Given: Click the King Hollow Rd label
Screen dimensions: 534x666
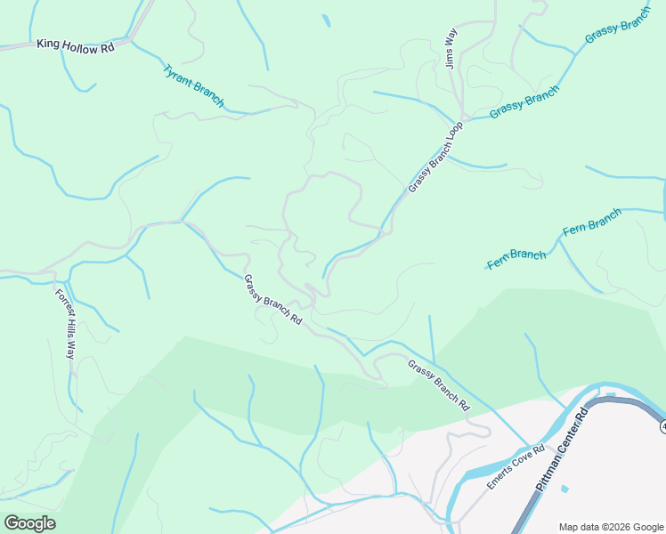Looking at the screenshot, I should (x=76, y=44).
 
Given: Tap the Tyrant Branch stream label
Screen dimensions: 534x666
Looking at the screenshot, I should (x=193, y=85).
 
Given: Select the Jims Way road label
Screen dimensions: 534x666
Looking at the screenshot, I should (x=451, y=49).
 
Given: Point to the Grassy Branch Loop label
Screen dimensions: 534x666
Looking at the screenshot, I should (x=436, y=158).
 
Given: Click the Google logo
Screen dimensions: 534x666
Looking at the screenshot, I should (x=29, y=523).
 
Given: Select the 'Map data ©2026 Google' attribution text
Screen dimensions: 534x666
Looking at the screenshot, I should (x=611, y=527).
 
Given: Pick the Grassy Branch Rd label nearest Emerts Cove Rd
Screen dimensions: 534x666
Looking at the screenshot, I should (x=438, y=384).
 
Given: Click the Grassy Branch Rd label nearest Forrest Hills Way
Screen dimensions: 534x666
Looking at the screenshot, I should (x=272, y=299).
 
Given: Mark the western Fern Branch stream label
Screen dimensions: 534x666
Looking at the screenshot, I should (x=516, y=259).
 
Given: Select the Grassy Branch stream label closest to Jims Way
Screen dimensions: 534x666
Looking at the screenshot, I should (x=524, y=101).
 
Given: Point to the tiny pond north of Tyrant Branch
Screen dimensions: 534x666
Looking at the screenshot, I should (x=326, y=20).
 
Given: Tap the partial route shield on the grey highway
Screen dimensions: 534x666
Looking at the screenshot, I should (x=662, y=427).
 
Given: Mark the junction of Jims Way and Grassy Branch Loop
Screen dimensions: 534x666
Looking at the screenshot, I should (x=460, y=121).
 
